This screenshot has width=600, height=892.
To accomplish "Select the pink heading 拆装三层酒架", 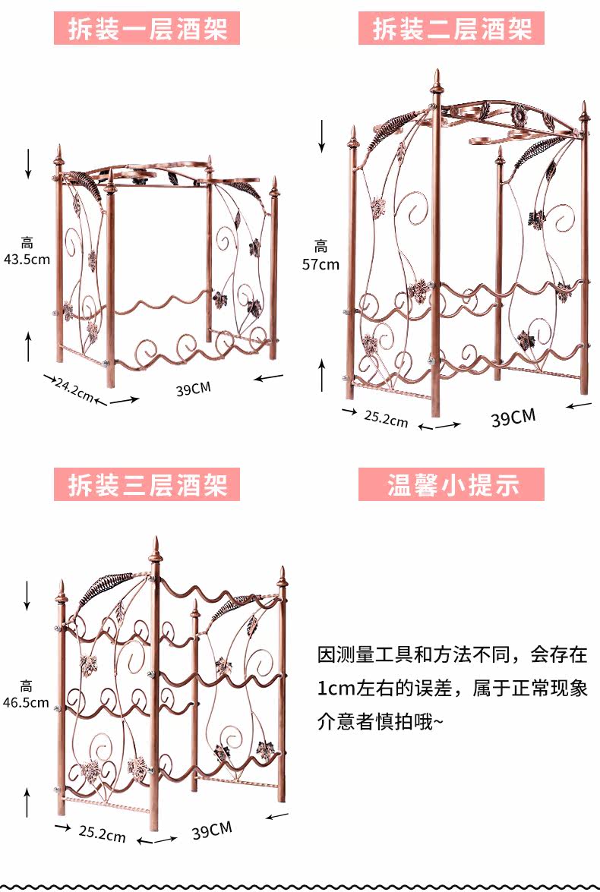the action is coord(147,484).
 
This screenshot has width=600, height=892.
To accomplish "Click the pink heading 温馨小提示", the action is coord(451,484).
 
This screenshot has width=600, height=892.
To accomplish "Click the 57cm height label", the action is coord(321,264).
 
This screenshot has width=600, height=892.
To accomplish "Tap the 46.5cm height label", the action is coord(26,702).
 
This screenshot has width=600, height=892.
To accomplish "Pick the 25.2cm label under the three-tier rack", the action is coord(102,834).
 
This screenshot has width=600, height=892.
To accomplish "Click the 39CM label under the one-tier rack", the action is coord(193,389).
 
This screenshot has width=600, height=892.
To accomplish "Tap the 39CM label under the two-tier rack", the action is coord(513,417).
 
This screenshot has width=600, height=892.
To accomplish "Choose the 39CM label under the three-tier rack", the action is coord(211,831).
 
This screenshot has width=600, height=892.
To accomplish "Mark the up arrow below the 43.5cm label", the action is coord(28,346).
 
